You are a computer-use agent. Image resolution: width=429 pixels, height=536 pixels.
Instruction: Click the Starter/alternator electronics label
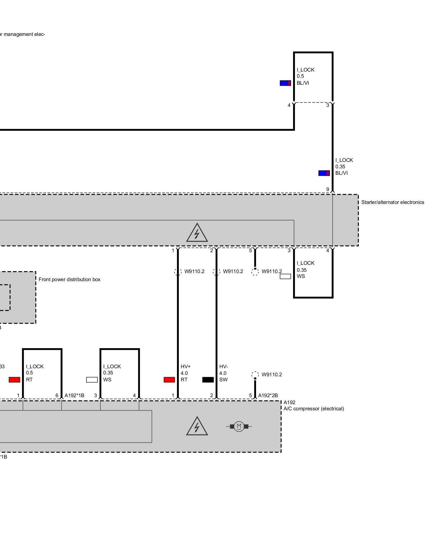coord(393,202)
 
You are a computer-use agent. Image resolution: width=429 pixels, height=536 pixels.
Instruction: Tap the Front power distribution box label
coord(69,280)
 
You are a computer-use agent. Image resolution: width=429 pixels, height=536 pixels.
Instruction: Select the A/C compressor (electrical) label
coord(314,409)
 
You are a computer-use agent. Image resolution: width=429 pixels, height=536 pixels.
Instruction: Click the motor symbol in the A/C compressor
coord(239,426)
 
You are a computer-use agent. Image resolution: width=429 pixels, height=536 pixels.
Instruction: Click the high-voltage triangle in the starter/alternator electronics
coord(197,233)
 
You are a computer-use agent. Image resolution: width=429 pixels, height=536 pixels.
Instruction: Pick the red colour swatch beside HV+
coord(169,380)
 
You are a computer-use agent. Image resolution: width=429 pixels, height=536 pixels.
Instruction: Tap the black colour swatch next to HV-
coord(208,380)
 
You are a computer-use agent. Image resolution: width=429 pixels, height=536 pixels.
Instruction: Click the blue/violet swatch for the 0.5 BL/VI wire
coord(285,83)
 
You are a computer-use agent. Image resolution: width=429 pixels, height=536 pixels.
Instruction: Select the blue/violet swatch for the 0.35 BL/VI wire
coord(324,173)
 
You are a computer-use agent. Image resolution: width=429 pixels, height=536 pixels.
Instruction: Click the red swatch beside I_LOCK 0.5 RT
coord(14,380)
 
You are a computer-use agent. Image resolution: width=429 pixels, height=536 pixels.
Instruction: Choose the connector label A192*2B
coord(268,395)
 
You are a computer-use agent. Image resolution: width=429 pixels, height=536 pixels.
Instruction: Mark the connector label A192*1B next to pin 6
coord(74,395)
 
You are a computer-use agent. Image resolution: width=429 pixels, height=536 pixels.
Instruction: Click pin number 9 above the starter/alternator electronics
coord(328,189)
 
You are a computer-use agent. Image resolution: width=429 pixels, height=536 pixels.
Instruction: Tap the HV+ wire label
coord(186,366)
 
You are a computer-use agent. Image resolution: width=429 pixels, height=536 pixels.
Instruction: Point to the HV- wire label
coord(224,366)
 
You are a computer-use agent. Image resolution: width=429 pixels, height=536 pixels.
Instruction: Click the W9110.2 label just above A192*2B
coord(272,375)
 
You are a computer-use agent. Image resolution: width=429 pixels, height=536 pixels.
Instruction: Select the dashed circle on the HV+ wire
coord(177,272)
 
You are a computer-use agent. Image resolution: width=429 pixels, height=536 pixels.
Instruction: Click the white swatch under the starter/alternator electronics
coord(285,276)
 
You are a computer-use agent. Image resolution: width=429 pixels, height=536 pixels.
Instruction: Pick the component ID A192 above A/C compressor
coord(290,402)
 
